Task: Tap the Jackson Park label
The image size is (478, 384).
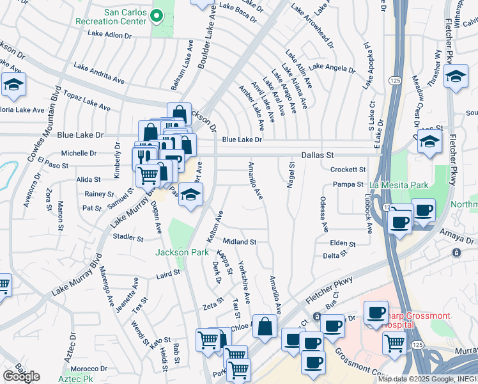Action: pyautogui.click(x=182, y=252)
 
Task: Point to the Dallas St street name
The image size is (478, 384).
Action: pyautogui.click(x=318, y=155)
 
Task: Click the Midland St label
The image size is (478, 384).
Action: pyautogui.click(x=240, y=242)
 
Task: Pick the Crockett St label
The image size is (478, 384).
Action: pyautogui.click(x=348, y=170)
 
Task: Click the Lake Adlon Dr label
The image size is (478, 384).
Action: pyautogui.click(x=109, y=34)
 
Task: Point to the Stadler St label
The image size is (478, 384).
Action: pyautogui.click(x=128, y=237)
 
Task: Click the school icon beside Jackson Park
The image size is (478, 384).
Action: pyautogui.click(x=190, y=195)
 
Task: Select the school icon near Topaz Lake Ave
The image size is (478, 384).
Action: pyautogui.click(x=13, y=84)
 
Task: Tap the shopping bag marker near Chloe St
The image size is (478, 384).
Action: pyautogui.click(x=265, y=326)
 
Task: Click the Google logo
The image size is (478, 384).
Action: pyautogui.click(x=22, y=376)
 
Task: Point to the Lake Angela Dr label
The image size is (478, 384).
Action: pyautogui.click(x=332, y=68)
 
